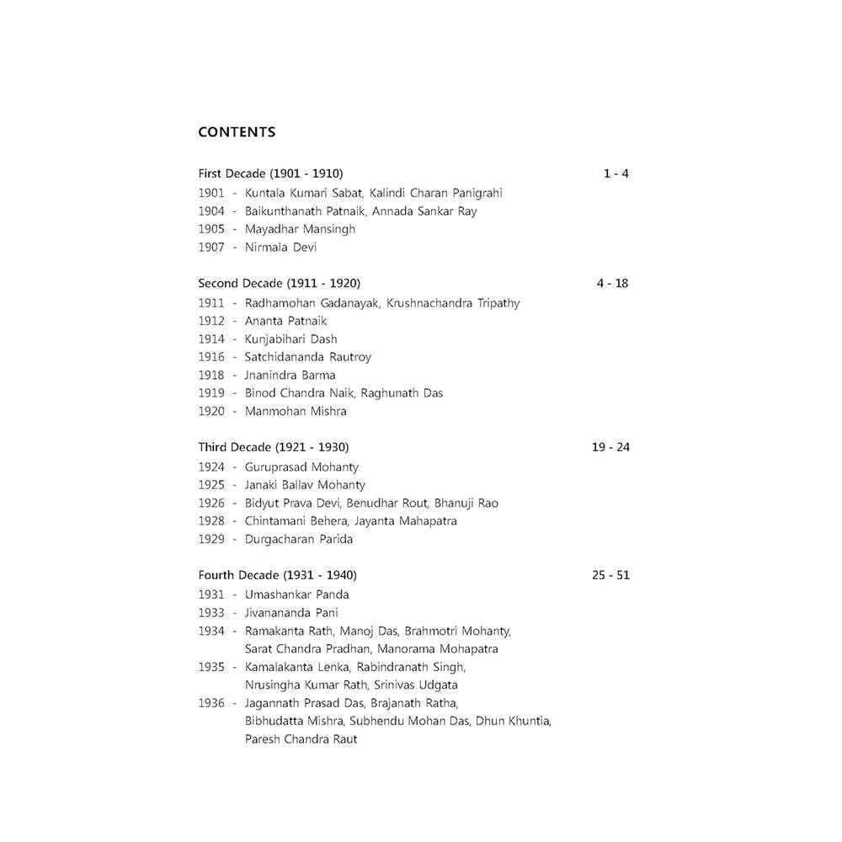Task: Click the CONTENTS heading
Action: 237,132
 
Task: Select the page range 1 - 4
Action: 616,174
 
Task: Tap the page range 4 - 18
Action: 612,284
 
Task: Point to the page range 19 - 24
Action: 610,447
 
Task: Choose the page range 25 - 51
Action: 610,576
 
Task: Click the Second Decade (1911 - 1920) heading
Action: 280,284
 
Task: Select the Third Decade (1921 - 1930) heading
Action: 274,447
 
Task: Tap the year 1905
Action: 211,229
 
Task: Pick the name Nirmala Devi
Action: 281,248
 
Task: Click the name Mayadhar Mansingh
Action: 301,229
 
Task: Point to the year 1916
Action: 211,357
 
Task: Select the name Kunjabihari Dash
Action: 291,339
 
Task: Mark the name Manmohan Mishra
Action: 296,412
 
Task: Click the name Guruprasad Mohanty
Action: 301,467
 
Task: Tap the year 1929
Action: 211,540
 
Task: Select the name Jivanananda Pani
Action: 291,613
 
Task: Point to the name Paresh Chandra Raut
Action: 301,739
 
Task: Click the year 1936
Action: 211,703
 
